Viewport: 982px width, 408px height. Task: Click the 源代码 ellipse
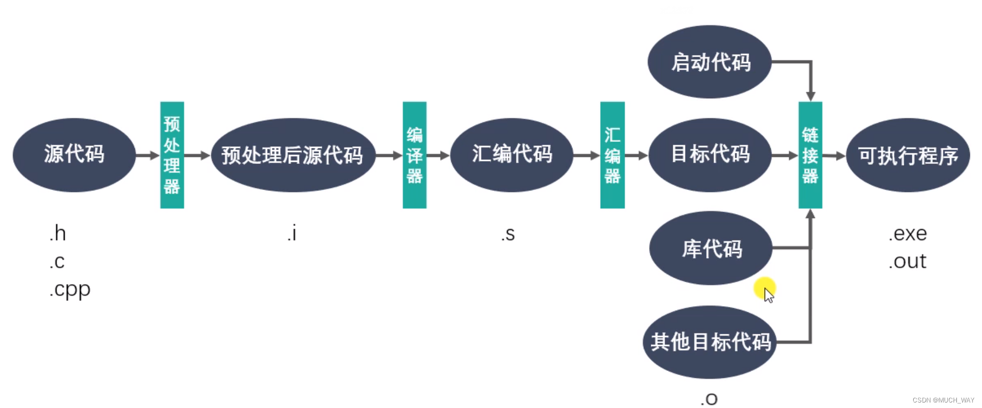(x=74, y=154)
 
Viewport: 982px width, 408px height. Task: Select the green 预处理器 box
(x=172, y=155)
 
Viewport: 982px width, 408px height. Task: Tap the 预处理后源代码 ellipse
(x=293, y=155)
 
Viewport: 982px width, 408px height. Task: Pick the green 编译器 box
(x=414, y=155)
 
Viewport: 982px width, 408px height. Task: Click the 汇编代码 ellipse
(x=511, y=154)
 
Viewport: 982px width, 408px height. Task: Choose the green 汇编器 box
(x=612, y=155)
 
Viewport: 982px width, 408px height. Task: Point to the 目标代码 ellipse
(x=710, y=154)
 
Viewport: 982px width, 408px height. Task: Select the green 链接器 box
(x=810, y=155)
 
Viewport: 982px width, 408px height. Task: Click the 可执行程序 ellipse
(x=908, y=155)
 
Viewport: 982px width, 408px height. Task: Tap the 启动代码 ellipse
(x=710, y=62)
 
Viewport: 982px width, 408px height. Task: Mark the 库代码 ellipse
(x=711, y=248)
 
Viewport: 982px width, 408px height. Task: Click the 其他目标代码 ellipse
(x=710, y=342)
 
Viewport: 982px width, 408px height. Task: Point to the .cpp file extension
(x=70, y=290)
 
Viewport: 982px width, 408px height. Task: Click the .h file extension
(x=58, y=234)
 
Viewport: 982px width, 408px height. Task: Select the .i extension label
(x=292, y=234)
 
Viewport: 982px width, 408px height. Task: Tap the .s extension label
(x=508, y=234)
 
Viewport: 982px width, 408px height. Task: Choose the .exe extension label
(x=908, y=234)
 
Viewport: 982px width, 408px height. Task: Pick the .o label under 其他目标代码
(x=709, y=399)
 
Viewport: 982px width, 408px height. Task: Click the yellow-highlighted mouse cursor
(x=766, y=291)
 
